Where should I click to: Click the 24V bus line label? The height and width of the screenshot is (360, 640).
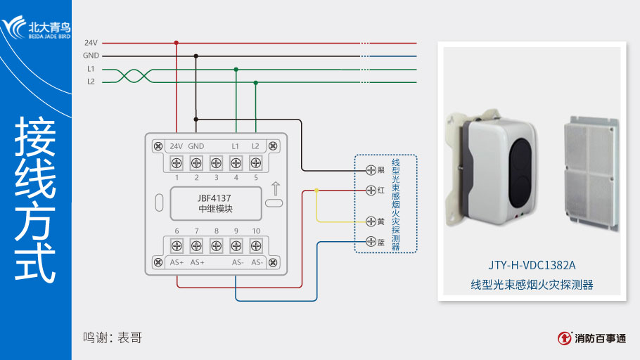pos(91,43)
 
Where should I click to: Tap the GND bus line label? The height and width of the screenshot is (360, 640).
pos(91,56)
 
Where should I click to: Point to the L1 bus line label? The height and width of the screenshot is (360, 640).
pos(91,69)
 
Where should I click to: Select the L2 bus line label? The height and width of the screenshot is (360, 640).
pos(91,82)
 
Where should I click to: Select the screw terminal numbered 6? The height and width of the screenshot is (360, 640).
pos(177,246)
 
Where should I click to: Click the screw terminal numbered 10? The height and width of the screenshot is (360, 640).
pos(256,246)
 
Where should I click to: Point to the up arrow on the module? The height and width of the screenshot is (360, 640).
pos(275,188)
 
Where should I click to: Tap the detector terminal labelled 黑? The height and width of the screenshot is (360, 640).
pos(371,170)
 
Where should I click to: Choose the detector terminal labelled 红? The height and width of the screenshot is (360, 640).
pos(371,190)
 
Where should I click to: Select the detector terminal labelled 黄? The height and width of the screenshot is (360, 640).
pos(371,221)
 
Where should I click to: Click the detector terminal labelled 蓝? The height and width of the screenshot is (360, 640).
pos(371,242)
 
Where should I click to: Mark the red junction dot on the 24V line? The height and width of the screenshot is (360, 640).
pos(176,43)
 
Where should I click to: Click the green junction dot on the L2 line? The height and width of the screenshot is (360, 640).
pos(255,82)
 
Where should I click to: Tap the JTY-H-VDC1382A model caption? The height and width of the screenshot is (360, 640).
pos(532,266)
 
